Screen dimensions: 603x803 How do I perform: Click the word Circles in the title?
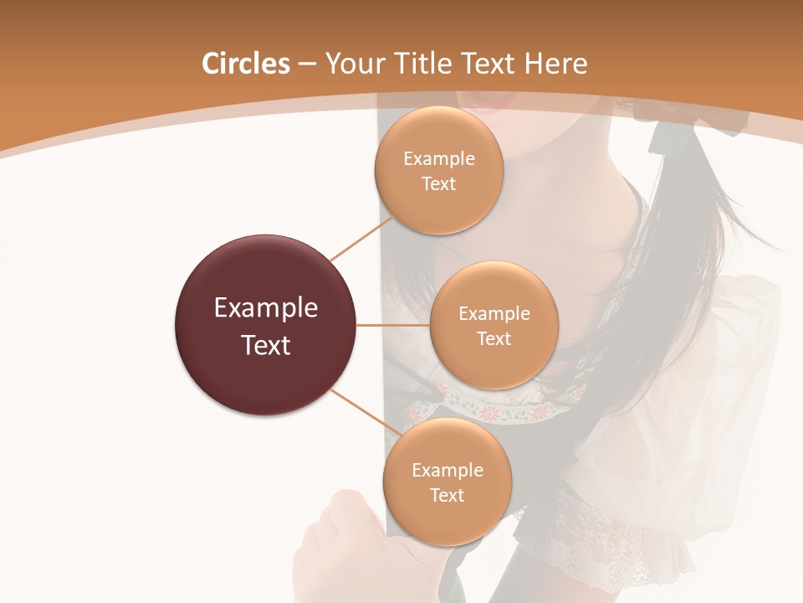(x=245, y=64)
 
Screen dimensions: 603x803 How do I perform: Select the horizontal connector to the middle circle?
(x=393, y=325)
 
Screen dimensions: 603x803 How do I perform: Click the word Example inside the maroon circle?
(x=266, y=308)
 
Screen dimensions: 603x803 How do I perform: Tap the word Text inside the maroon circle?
(x=266, y=345)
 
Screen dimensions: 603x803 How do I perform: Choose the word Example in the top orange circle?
(x=438, y=159)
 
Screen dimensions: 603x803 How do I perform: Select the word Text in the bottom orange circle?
(x=447, y=495)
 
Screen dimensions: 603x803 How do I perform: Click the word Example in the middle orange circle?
(x=494, y=314)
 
